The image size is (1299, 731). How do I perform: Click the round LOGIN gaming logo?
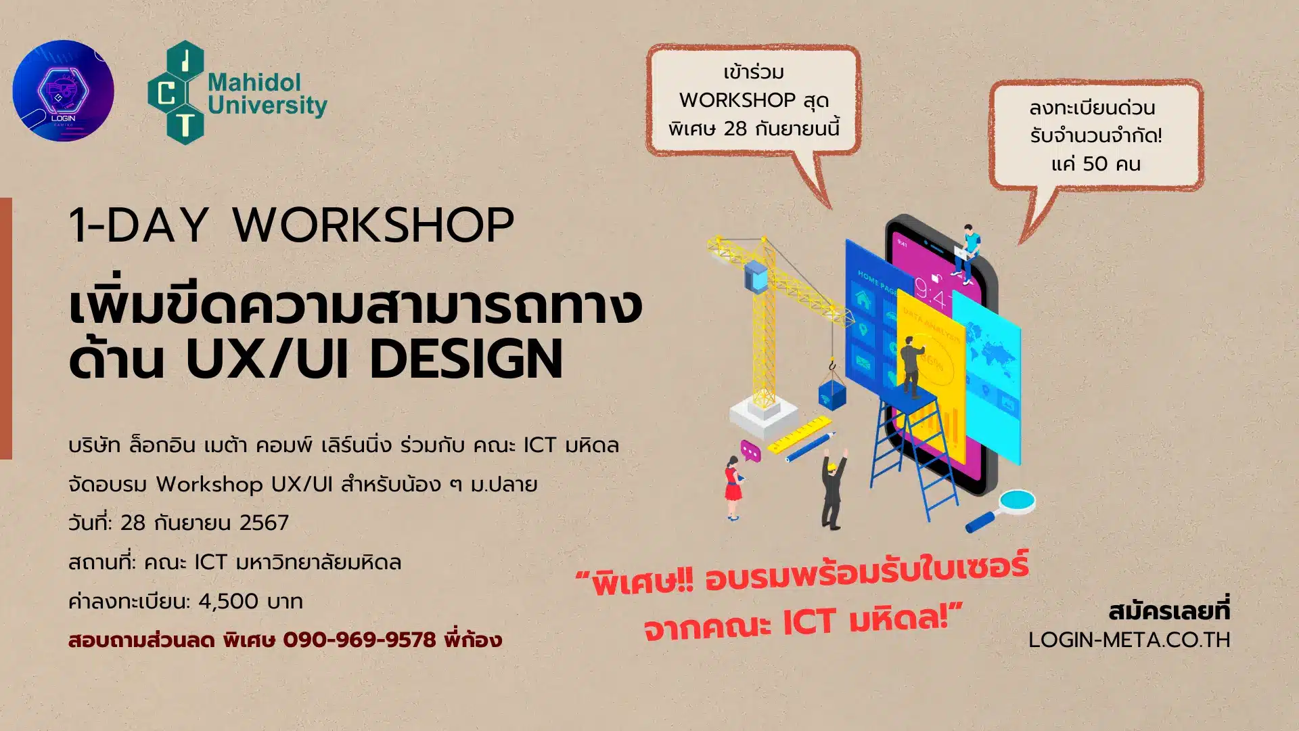63,91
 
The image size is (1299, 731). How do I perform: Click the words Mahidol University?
267,94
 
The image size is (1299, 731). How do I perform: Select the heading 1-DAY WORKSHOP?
292,225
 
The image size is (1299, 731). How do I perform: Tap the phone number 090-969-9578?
359,640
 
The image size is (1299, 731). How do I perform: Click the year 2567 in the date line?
264,523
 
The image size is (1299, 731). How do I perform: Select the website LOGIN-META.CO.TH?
1129,640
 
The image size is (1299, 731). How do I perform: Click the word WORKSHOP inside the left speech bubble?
737,100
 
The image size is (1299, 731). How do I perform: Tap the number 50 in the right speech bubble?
1095,164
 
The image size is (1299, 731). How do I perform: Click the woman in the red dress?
733,487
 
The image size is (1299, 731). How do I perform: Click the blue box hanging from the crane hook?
832,394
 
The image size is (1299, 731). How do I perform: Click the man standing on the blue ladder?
912,366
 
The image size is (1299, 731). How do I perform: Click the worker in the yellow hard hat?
834,489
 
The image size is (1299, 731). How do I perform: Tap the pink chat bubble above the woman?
750,450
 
